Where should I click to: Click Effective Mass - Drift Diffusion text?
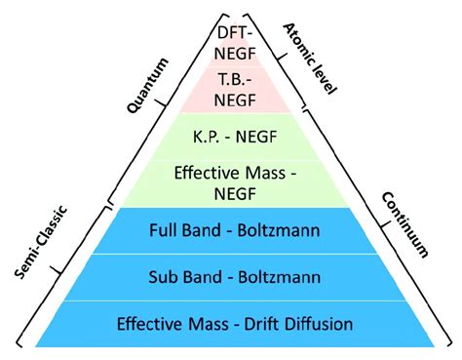[235, 323]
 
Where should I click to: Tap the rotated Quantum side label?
[149, 86]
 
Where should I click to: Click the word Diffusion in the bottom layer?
[319, 323]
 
